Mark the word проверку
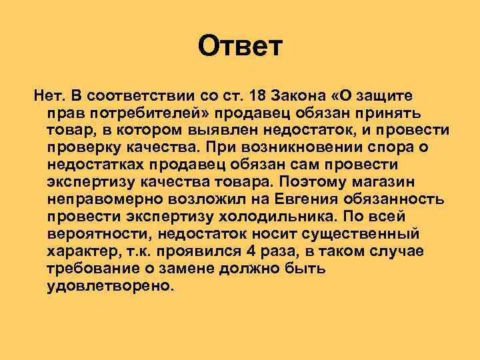83,146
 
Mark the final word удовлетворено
111,285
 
